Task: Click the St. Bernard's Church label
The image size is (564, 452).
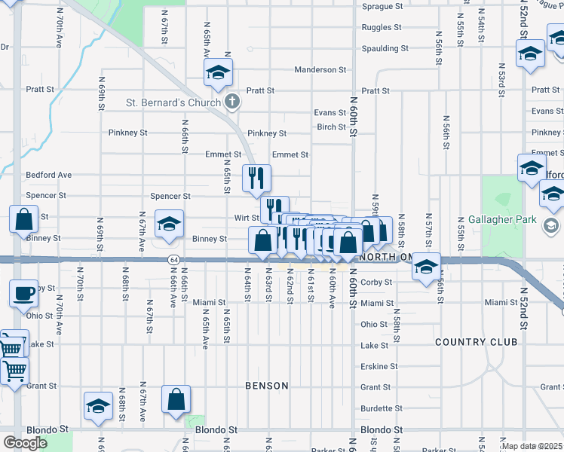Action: [x=173, y=102]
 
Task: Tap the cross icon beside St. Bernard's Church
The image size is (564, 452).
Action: [x=233, y=102]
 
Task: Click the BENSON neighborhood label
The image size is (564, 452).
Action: [x=267, y=386]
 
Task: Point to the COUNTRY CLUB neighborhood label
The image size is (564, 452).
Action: [x=476, y=342]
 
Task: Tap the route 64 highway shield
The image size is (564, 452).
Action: [x=173, y=260]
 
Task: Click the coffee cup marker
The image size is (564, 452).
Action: [x=24, y=292]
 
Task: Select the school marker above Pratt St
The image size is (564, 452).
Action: [x=218, y=72]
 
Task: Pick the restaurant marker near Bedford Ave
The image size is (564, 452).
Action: [x=256, y=178]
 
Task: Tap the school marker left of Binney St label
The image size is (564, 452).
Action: [x=169, y=223]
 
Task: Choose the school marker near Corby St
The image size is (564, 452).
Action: [x=427, y=267]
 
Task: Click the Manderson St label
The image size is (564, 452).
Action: [x=320, y=69]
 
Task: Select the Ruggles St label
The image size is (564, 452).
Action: [x=382, y=27]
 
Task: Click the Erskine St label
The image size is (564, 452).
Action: [x=379, y=366]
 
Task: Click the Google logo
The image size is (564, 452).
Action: [x=25, y=443]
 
